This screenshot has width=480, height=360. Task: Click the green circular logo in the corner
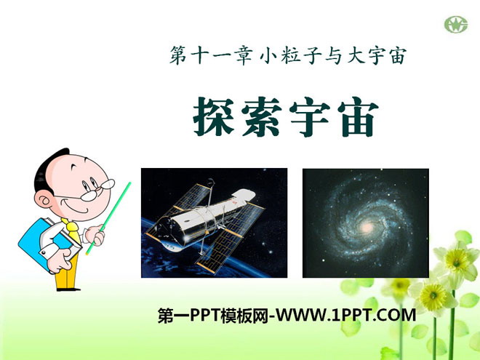coord(456,25)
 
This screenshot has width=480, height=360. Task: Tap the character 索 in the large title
coord(262,116)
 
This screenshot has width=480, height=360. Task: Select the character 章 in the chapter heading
coord(244,55)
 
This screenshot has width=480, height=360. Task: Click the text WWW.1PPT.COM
coord(346,315)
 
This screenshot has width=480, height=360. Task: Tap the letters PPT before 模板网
coord(205,315)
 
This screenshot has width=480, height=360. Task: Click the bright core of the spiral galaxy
coord(367,227)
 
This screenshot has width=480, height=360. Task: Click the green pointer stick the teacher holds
coord(108,218)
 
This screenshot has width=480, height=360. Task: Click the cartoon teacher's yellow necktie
coord(73,230)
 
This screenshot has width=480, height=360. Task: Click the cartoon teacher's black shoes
coord(68,289)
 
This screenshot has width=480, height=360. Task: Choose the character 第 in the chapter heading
coord(178,55)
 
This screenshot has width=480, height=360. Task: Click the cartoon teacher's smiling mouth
coord(76,207)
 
